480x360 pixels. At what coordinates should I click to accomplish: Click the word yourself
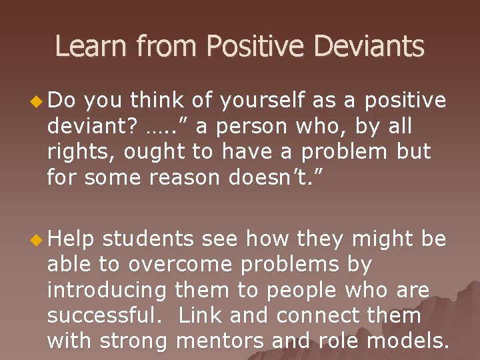point(255,101)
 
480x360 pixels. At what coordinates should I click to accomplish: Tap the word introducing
point(107,291)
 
